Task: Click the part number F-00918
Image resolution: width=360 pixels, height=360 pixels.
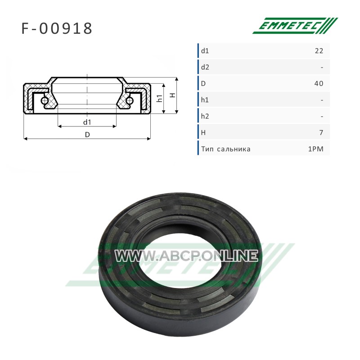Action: click(57, 29)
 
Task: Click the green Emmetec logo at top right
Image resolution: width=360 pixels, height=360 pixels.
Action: click(295, 26)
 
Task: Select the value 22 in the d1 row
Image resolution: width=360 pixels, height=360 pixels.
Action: click(319, 51)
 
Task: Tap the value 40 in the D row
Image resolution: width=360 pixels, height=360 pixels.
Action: click(319, 83)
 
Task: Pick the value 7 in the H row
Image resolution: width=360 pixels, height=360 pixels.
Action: click(321, 132)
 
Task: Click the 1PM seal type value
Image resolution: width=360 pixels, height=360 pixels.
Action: click(316, 149)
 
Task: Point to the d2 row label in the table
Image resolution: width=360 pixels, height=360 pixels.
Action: click(205, 67)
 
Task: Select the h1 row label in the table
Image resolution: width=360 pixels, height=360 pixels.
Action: click(205, 100)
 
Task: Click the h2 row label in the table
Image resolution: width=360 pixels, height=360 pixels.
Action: click(205, 116)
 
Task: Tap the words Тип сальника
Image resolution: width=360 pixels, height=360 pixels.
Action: click(226, 149)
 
